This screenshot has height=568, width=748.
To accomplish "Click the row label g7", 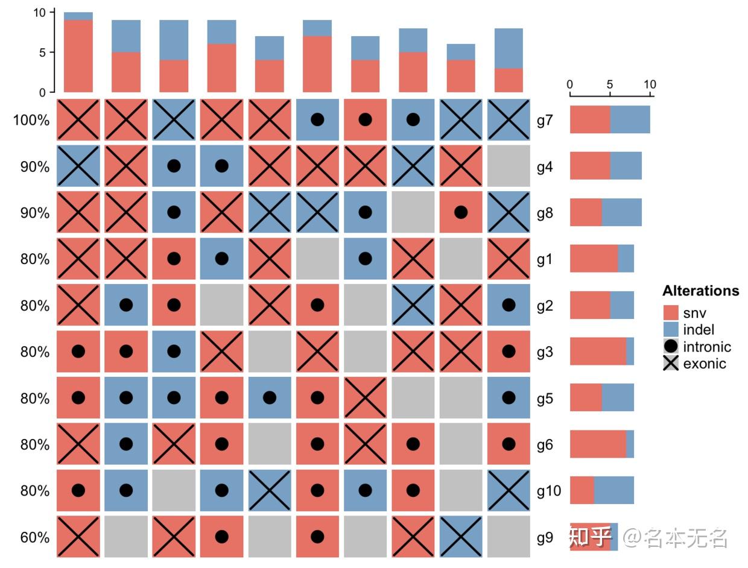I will [545, 120].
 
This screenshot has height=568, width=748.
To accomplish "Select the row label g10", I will [548, 491].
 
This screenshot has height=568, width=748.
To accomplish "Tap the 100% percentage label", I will [31, 120].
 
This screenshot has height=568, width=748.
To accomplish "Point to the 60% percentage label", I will [34, 537].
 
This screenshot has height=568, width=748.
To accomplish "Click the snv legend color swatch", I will [671, 313].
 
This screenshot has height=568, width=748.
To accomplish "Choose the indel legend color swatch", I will [671, 330].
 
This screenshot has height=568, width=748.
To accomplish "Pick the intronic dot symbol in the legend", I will [671, 347].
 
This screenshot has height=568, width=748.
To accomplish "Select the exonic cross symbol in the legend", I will [671, 363].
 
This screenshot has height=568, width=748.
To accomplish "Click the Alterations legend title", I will [700, 291].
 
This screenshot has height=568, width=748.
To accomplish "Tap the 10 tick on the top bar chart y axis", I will [40, 13].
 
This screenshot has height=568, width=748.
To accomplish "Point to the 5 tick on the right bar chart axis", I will [610, 84].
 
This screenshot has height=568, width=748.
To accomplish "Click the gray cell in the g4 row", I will [509, 166].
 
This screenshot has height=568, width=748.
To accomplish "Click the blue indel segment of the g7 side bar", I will [630, 119].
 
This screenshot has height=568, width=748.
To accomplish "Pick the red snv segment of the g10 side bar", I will [582, 490].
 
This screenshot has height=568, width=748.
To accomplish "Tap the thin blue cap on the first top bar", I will [78, 16].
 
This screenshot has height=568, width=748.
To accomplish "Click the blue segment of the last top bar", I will [509, 48].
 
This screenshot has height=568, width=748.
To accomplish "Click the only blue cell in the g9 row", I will [461, 537].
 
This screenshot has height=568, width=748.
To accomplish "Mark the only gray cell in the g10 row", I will [174, 490].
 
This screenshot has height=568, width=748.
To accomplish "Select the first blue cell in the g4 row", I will [78, 166].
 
